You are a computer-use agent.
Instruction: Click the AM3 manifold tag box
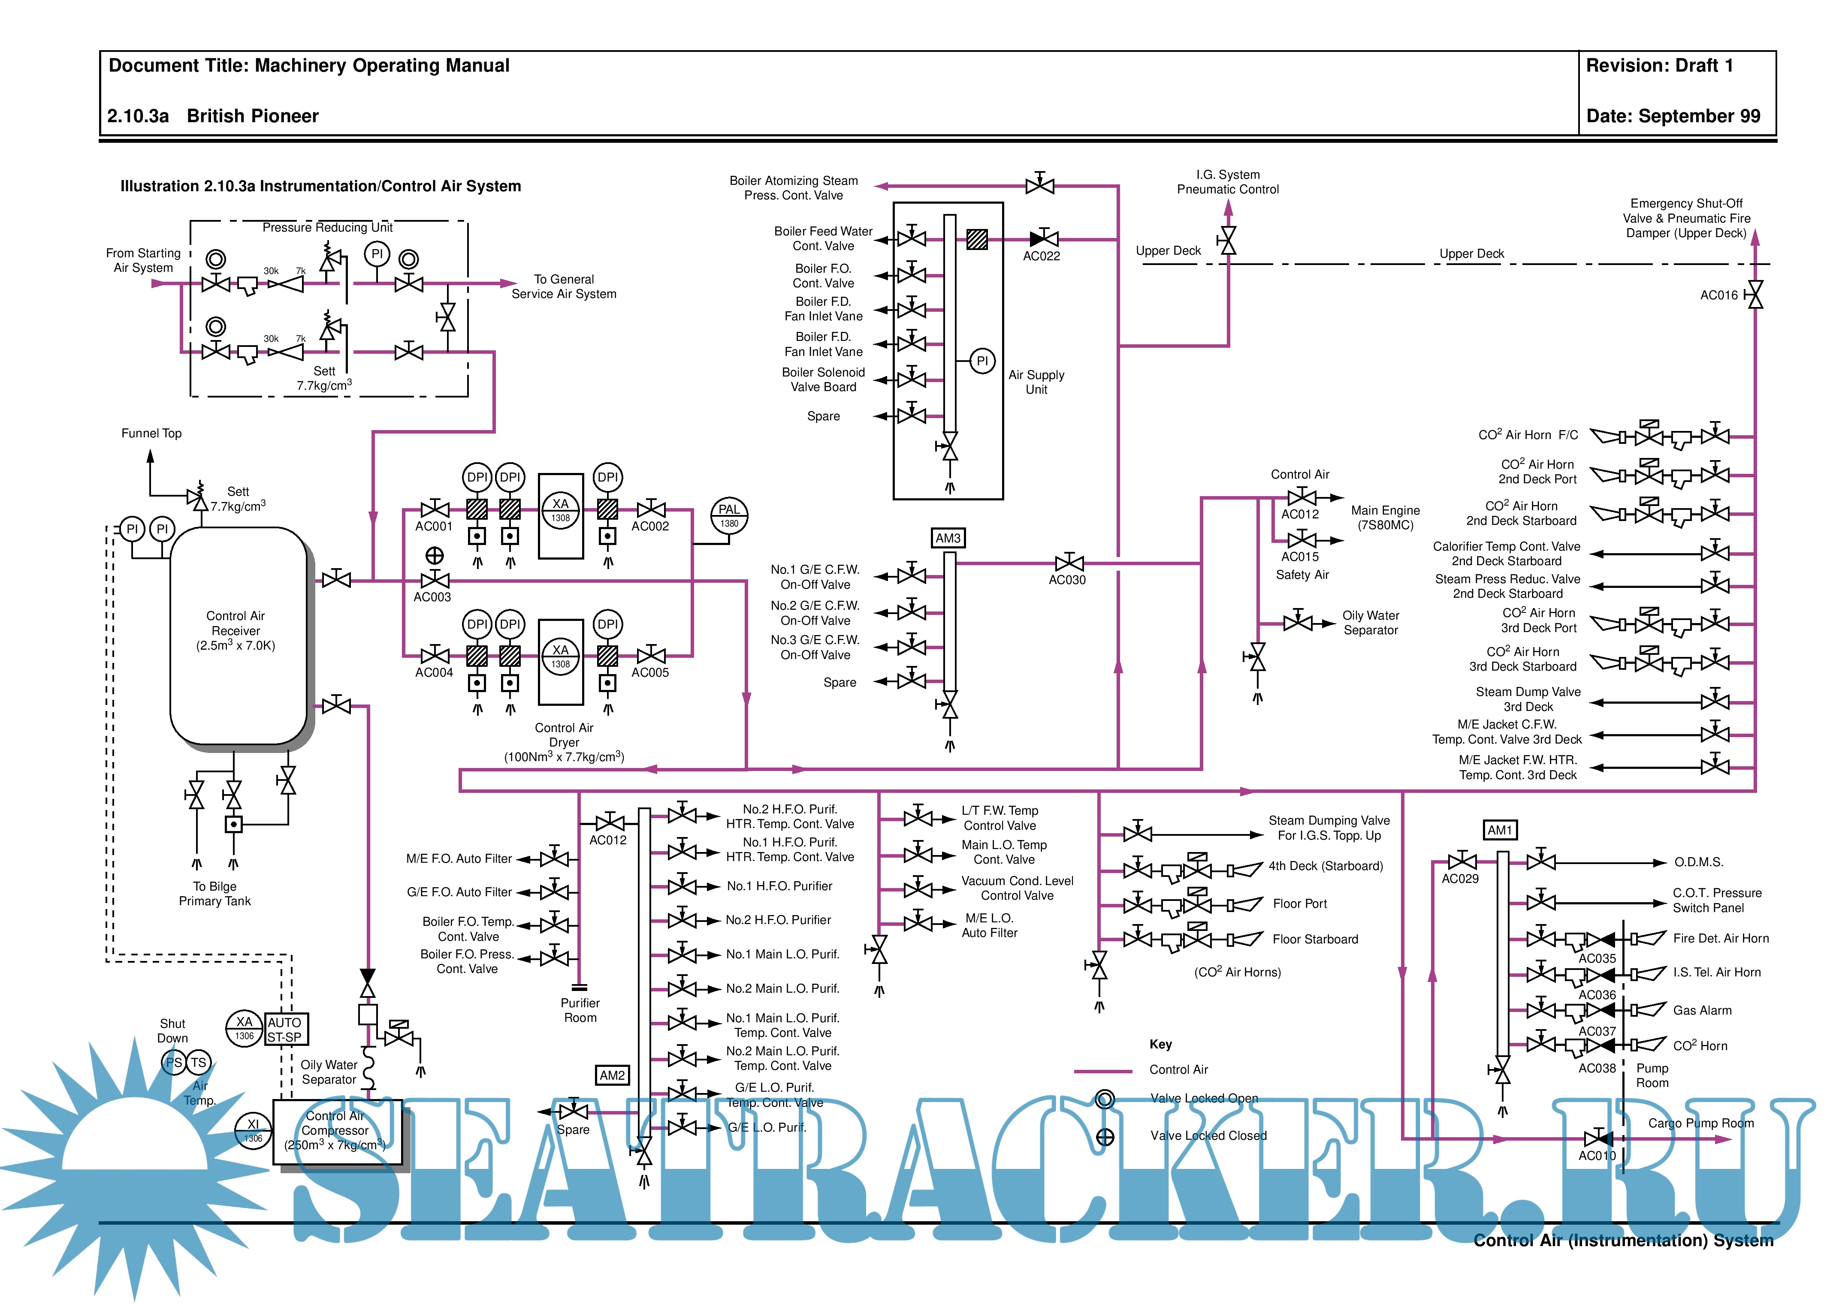pos(948,538)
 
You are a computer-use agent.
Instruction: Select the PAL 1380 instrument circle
pos(729,515)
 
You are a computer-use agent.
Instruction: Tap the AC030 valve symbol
pos(1069,563)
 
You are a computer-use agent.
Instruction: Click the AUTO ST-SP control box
pos(285,1029)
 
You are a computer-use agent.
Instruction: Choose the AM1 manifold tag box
pos(1499,830)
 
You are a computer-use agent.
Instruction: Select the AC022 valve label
pos(1042,256)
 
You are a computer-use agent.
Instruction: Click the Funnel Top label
pos(151,433)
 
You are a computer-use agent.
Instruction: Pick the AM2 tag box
pos(612,1075)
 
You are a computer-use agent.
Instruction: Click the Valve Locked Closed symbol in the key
pos(1105,1136)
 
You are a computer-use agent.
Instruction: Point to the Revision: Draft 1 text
pos(1659,66)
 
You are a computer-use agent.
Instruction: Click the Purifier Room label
pos(580,1010)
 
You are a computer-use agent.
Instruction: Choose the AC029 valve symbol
pos(1462,862)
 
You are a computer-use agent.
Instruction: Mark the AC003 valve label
pos(432,597)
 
